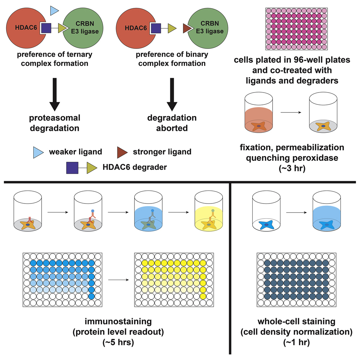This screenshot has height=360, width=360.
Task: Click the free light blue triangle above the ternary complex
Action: (x=54, y=10)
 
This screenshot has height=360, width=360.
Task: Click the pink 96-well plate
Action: (x=296, y=29)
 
